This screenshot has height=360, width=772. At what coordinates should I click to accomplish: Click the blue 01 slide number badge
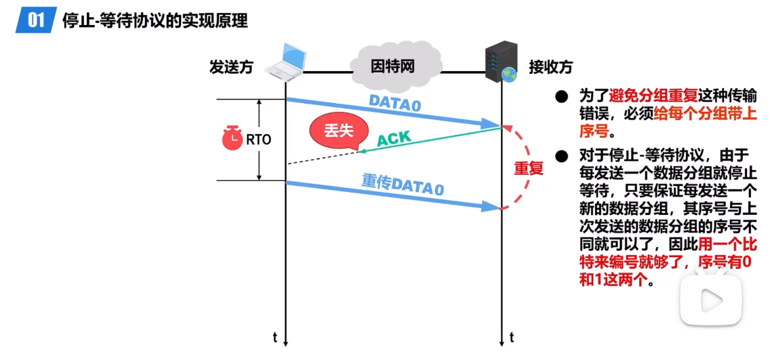coord(35,20)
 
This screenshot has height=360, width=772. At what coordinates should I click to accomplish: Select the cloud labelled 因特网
coord(391,66)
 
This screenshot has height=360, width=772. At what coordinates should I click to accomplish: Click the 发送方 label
coord(231,68)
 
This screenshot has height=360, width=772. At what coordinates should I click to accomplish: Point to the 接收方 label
coord(550,68)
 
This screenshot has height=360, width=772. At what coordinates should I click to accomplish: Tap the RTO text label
coord(258,140)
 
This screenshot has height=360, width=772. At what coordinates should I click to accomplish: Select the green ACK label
coord(393,139)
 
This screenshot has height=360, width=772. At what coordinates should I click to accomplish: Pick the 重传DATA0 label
coord(403,183)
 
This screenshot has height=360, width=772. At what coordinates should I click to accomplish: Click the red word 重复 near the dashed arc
coord(529,168)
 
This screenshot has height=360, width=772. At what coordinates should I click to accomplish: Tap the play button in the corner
coord(711,298)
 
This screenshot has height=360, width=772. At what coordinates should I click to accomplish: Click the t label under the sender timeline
coord(275,337)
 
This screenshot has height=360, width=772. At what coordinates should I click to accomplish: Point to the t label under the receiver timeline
coord(511,337)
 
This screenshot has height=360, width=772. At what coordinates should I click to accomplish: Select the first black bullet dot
coord(561,97)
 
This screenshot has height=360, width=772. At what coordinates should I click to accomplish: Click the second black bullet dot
coord(561,157)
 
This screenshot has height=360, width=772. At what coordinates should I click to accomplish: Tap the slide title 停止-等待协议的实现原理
coord(155,20)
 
